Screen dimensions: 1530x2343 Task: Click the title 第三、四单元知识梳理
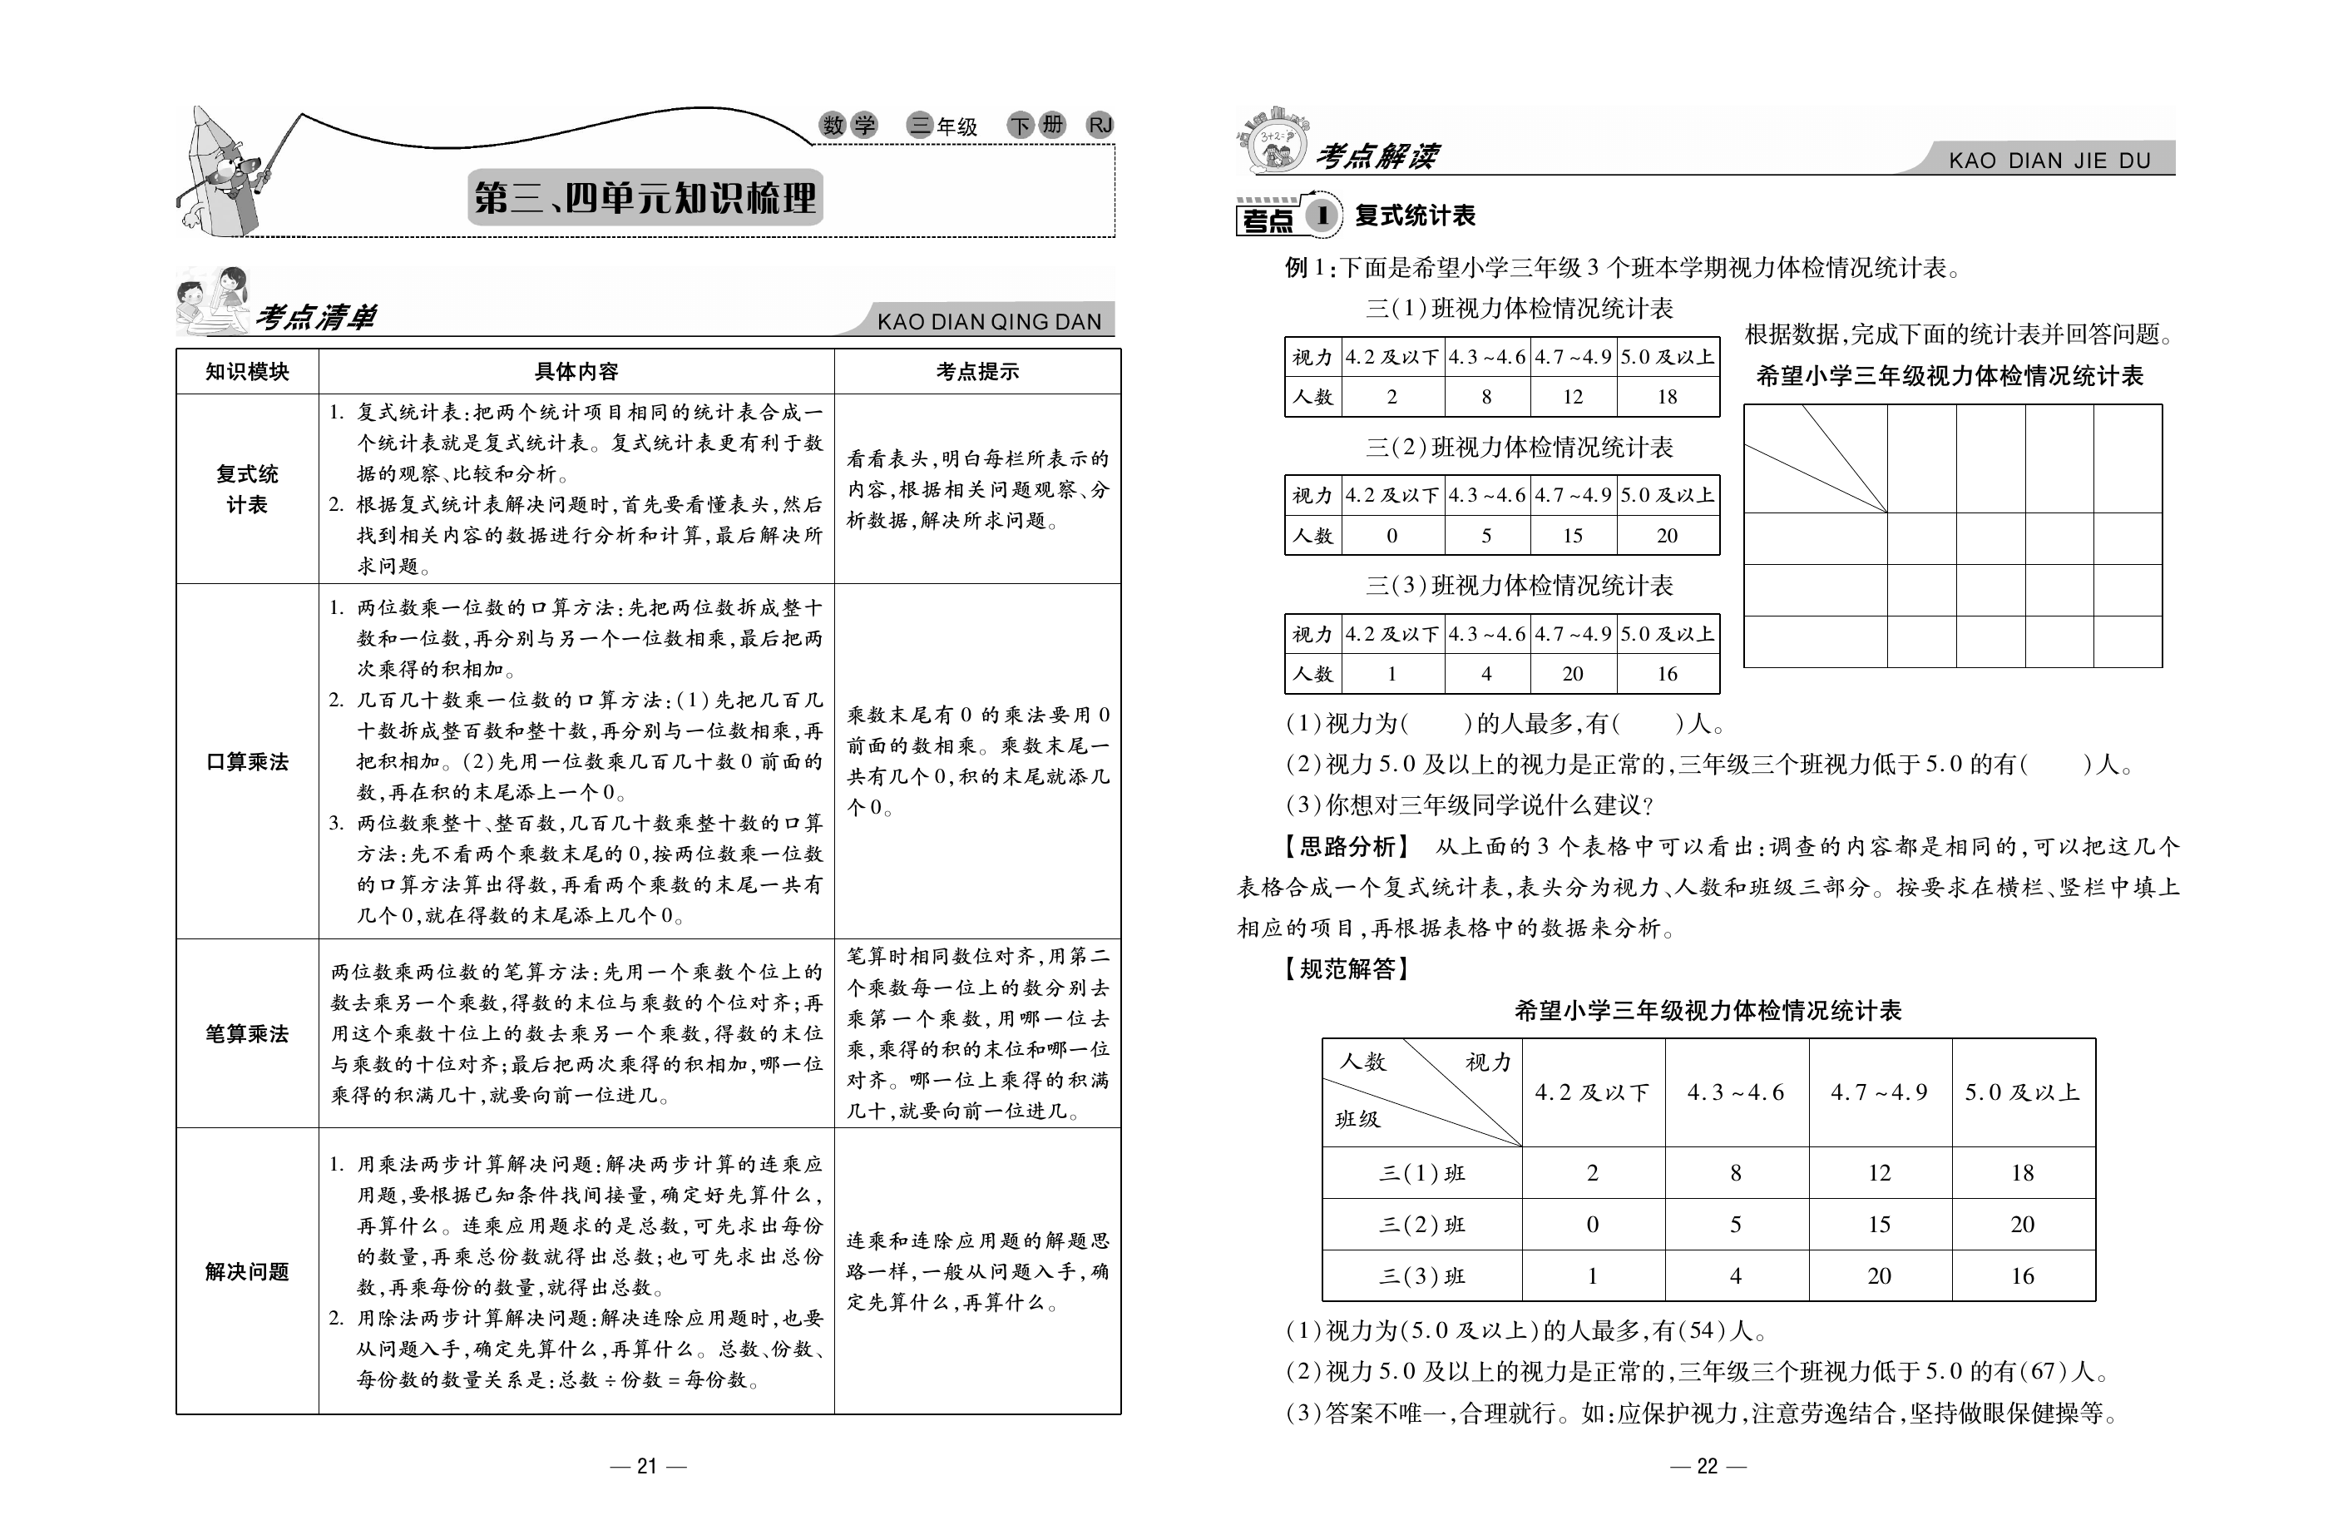pos(645,198)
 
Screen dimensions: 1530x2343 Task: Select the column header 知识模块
pos(247,372)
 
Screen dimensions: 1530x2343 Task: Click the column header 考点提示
pos(976,372)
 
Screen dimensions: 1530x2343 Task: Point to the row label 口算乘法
pos(247,762)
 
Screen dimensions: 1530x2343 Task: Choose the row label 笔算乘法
pos(247,1034)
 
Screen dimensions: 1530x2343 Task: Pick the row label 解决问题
pos(247,1272)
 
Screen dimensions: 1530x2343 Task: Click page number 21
pos(647,1466)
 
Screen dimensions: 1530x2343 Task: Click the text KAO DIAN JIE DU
pos(2049,161)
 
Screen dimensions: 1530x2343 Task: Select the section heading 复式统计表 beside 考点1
pos(1415,216)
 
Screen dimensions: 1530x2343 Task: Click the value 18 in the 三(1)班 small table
pos(1667,397)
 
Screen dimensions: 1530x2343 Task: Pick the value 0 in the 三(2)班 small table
pos(1392,536)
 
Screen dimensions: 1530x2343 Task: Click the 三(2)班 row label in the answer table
pos(1421,1225)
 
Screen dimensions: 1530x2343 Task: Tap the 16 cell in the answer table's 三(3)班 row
pos(2022,1277)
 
